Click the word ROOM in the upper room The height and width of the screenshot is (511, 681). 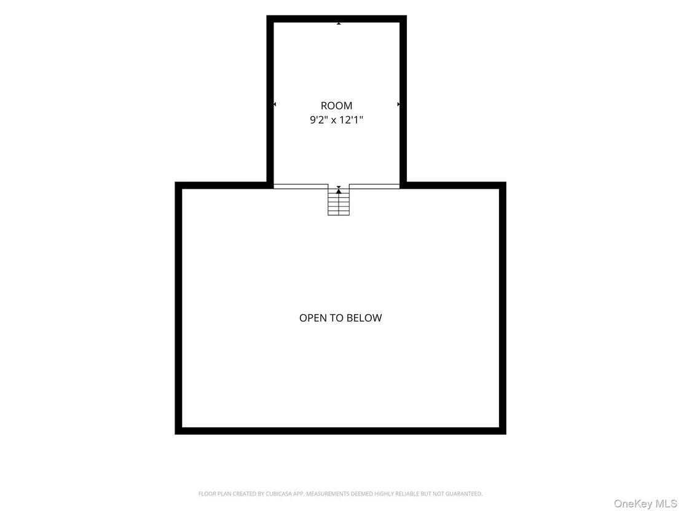pos(337,106)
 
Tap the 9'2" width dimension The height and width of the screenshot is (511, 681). pos(319,119)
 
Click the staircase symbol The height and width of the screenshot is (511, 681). pos(339,200)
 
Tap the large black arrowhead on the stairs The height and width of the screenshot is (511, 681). pos(339,191)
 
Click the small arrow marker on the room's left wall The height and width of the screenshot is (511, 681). pos(275,105)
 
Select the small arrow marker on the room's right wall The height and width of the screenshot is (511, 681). pos(398,105)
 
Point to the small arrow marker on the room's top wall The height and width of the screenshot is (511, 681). pos(339,23)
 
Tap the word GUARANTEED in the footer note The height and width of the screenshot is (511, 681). pos(464,494)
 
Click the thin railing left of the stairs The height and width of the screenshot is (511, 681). pos(301,186)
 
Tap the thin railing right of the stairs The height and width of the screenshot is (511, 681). pos(374,186)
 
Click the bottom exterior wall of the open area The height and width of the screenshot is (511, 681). pos(340,431)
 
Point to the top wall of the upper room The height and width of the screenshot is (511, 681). pos(337,18)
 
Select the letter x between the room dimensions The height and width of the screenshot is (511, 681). pos(334,121)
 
